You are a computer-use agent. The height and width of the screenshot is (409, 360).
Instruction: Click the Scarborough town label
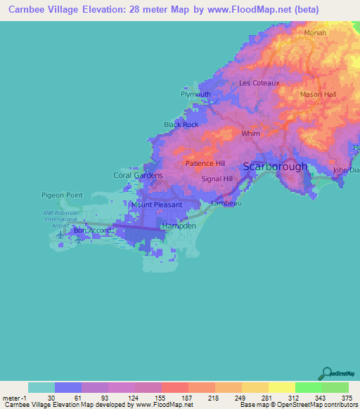(x=275, y=167)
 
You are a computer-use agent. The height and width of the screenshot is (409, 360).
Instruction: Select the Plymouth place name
(x=195, y=94)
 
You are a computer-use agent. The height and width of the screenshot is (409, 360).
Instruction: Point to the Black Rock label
(x=181, y=124)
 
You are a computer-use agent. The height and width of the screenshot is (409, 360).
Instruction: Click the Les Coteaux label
(x=259, y=83)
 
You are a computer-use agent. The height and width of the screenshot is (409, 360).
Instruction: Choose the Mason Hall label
(x=318, y=94)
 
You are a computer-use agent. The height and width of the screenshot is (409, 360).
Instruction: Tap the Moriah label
(x=316, y=33)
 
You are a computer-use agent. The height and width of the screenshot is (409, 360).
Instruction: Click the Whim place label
(x=250, y=133)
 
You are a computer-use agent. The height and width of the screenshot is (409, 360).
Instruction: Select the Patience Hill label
(x=205, y=163)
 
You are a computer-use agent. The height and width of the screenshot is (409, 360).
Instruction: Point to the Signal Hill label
(x=217, y=179)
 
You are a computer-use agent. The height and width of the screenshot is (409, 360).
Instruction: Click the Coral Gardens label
(x=139, y=175)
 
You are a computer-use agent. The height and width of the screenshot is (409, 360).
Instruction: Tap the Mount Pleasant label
(x=157, y=204)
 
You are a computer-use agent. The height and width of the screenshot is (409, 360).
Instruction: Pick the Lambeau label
(x=227, y=203)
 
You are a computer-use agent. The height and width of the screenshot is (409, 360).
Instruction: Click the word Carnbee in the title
(x=30, y=10)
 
